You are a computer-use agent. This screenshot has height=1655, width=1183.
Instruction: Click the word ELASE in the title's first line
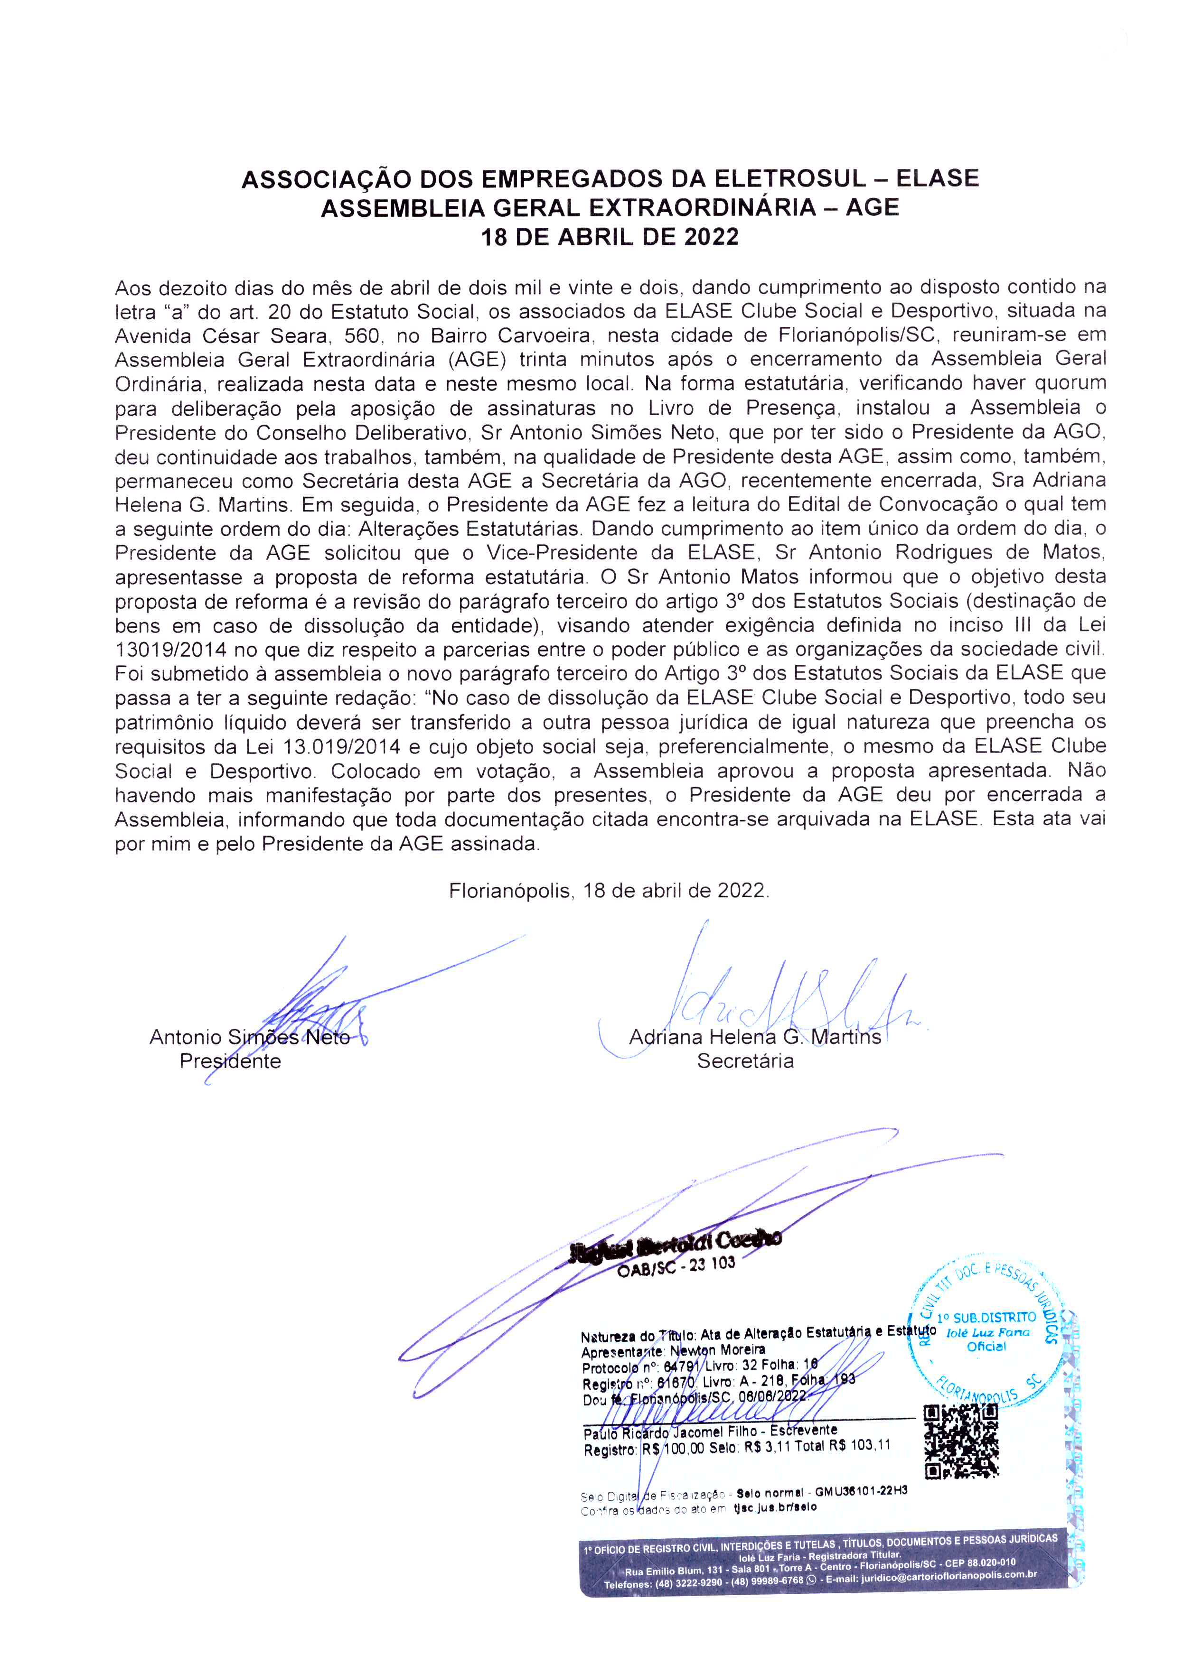coord(938,178)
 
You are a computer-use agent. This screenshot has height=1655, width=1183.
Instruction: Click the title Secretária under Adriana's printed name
coord(745,1061)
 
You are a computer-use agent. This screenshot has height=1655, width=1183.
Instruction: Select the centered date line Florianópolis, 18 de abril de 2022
coord(609,891)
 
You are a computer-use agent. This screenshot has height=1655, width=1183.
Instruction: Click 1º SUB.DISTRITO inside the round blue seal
coord(986,1317)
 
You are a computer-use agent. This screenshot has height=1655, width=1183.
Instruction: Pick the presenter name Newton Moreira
coord(717,1349)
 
